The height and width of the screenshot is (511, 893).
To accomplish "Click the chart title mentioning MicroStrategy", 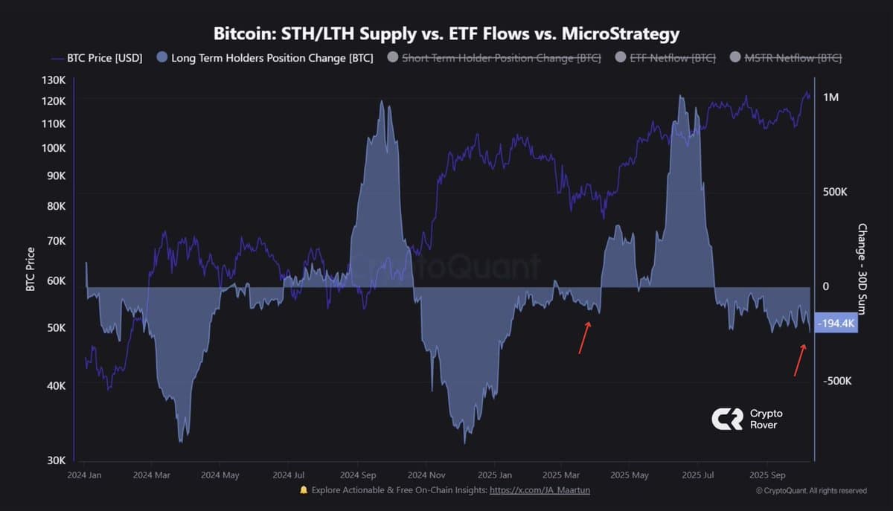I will (x=446, y=33).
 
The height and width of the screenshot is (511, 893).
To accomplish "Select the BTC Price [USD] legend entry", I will (x=97, y=58).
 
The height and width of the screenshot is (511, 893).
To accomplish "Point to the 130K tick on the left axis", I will (x=55, y=80).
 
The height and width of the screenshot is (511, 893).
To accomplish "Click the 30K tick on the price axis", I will (x=57, y=461).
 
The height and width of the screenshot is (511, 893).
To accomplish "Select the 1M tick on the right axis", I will (x=831, y=97).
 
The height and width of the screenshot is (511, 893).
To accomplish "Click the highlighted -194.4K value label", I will (x=836, y=324).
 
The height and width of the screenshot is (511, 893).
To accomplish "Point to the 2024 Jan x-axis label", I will (x=85, y=475).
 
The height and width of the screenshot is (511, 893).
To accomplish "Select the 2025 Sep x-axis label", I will (x=767, y=475).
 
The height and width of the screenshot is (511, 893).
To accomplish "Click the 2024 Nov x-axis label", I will (x=428, y=475).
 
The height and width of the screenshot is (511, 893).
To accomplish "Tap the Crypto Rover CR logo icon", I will (x=727, y=420).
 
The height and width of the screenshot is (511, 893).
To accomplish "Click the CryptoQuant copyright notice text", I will (x=810, y=490).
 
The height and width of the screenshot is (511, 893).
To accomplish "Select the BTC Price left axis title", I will (x=31, y=269).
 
